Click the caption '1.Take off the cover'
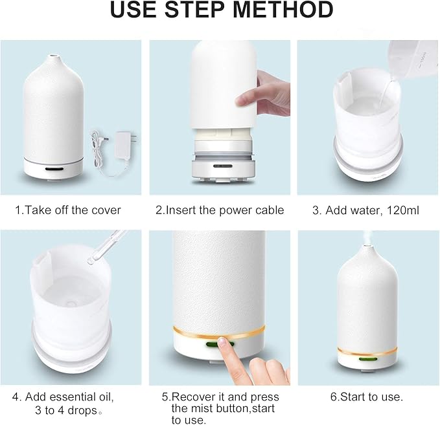[68, 210]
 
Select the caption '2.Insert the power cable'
[220, 210]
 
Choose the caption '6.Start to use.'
[365, 397]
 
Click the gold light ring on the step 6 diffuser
[367, 350]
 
